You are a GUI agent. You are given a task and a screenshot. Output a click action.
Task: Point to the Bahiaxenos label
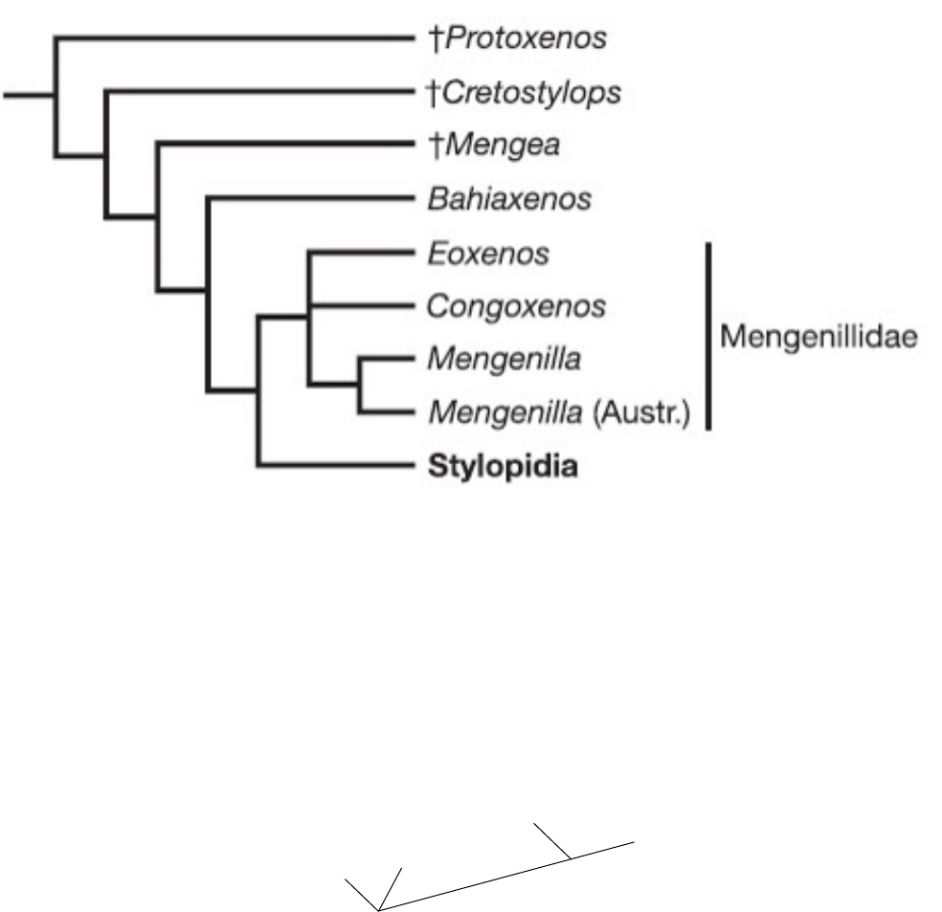click(x=510, y=200)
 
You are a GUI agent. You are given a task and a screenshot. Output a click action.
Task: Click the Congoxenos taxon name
click(x=518, y=307)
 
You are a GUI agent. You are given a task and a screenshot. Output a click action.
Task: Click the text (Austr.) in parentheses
click(x=654, y=414)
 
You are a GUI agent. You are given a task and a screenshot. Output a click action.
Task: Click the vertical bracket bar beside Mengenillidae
click(x=707, y=336)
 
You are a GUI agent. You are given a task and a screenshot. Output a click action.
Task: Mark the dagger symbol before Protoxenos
click(x=428, y=39)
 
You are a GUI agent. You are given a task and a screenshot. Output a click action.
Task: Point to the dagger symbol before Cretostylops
click(x=428, y=93)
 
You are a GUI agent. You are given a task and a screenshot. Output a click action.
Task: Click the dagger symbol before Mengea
click(x=428, y=146)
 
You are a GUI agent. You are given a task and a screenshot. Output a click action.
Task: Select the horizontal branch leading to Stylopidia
click(x=335, y=468)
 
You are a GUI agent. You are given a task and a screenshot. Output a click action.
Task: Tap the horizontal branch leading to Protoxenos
click(x=230, y=39)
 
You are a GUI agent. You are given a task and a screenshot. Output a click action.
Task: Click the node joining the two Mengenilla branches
click(x=360, y=388)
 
